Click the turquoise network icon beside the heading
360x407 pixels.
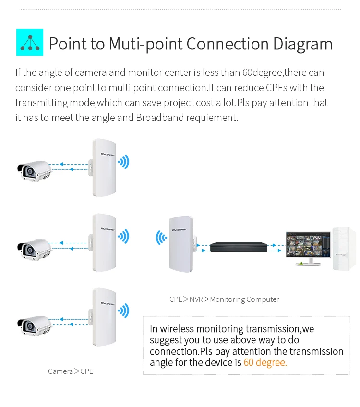tap(29, 42)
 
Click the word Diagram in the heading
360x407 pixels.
tap(303, 44)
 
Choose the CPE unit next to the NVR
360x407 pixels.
tap(180, 245)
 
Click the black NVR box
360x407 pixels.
tap(238, 247)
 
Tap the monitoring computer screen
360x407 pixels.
tap(308, 245)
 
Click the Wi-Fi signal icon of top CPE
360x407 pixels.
tap(124, 162)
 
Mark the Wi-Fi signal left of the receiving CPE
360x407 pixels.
tap(161, 238)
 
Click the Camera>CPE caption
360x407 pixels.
tap(71, 371)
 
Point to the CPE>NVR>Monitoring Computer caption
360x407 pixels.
tap(224, 299)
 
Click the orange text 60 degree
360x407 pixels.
tap(265, 362)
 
